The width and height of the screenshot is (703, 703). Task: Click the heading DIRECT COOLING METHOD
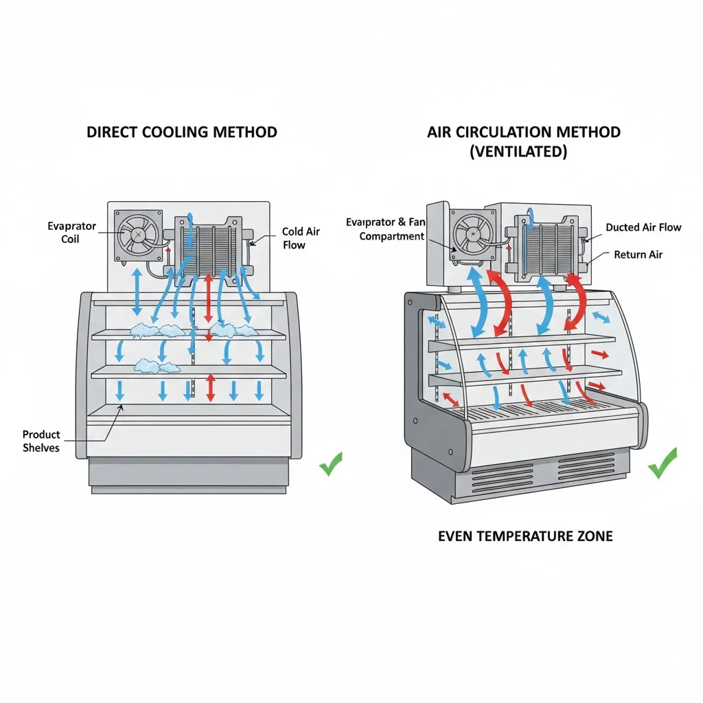coord(182,132)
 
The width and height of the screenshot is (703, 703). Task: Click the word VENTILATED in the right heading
coord(518,152)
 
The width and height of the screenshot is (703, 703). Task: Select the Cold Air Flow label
coord(301,238)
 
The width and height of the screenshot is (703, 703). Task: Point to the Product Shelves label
coord(41,441)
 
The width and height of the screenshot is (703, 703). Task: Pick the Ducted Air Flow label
coord(643,227)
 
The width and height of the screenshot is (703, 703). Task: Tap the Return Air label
coord(638,255)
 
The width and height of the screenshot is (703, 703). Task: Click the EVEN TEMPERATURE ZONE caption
coord(525,536)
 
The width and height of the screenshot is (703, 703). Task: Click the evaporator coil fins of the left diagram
coord(209,247)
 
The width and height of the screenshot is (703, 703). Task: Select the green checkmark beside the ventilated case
coord(662,463)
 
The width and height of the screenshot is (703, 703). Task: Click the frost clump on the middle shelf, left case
coord(157,367)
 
